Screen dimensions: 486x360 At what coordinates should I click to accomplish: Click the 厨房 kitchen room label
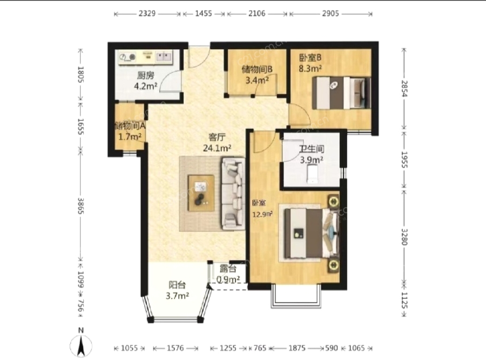click(x=145, y=76)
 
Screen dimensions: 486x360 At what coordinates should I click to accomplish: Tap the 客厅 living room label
click(x=217, y=137)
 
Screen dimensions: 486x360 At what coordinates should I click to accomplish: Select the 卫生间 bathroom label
click(x=312, y=149)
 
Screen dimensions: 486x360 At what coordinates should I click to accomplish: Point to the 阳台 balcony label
click(x=177, y=285)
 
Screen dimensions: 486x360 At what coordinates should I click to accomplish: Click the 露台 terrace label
click(x=228, y=269)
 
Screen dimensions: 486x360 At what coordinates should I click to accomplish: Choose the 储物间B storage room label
click(x=257, y=69)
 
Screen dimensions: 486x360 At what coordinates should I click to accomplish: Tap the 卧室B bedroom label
click(x=310, y=58)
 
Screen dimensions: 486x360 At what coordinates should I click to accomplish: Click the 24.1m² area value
click(x=217, y=148)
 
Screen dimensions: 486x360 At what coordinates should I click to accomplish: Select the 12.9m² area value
click(x=262, y=214)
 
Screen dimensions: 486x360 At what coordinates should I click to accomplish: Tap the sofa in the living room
click(x=233, y=194)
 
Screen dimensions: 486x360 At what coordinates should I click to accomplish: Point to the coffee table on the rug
click(x=201, y=193)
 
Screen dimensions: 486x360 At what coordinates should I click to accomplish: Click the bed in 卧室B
click(x=341, y=93)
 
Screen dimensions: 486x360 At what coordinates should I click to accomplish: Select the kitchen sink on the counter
click(x=164, y=57)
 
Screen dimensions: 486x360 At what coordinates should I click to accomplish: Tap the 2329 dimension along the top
click(x=147, y=14)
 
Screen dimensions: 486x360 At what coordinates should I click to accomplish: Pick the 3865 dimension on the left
click(x=80, y=206)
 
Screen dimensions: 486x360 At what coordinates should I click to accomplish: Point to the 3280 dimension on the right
click(x=404, y=237)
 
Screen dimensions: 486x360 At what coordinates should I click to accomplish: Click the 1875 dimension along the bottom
click(x=297, y=348)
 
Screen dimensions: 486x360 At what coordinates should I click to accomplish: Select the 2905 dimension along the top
click(x=330, y=14)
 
